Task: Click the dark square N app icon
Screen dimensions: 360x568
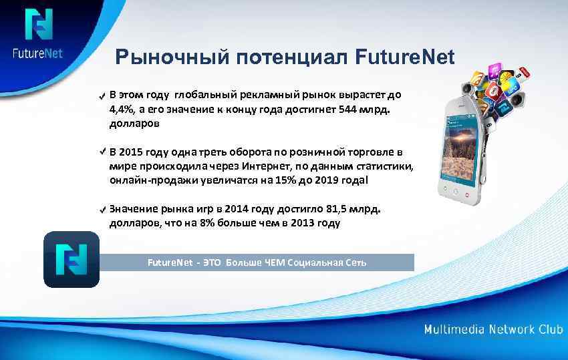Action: [x=71, y=259]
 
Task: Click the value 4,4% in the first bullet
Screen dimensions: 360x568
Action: [x=122, y=110]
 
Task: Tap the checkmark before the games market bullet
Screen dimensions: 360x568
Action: [x=100, y=210]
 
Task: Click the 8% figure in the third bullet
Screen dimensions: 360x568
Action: [x=206, y=223]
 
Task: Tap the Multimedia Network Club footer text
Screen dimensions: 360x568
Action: [x=492, y=330]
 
